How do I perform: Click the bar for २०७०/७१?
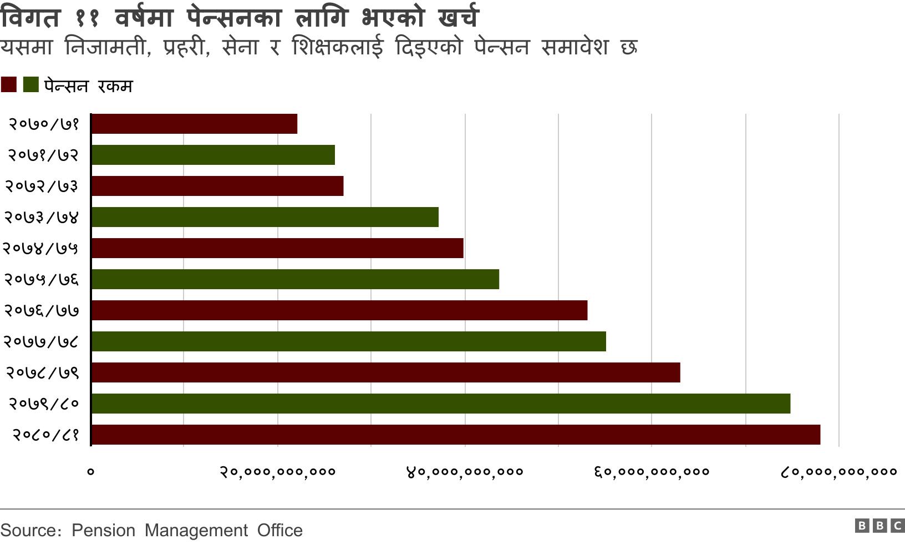click(194, 124)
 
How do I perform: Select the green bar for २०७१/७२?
click(213, 155)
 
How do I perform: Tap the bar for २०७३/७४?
click(265, 217)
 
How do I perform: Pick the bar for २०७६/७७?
click(339, 310)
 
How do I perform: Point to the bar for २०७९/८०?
click(441, 404)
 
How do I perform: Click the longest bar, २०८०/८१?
click(456, 435)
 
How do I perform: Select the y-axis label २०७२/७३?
click(42, 186)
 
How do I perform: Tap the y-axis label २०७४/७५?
click(40, 248)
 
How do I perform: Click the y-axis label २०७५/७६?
click(42, 279)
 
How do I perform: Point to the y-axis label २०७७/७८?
click(41, 341)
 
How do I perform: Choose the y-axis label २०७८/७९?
click(42, 372)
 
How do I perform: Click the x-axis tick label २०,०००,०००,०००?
click(278, 472)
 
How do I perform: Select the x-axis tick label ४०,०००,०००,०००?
click(465, 472)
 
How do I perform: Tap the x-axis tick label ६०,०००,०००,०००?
click(652, 472)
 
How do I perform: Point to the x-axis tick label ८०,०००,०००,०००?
click(838, 472)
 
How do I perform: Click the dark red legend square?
click(9, 85)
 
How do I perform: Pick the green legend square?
click(31, 85)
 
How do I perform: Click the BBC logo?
click(879, 525)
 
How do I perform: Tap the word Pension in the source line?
click(103, 531)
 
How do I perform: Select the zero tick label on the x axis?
click(91, 472)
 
